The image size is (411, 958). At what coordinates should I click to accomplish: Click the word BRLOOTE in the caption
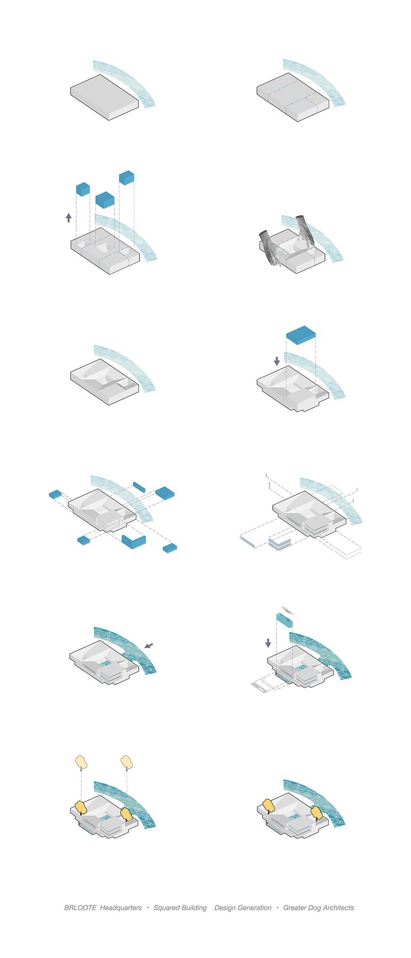(80, 907)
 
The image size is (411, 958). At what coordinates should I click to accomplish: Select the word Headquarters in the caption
(121, 907)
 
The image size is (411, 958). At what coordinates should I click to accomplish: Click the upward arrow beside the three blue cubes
(68, 217)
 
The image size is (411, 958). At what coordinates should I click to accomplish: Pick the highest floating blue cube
(127, 178)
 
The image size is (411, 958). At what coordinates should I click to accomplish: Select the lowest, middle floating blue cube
(105, 199)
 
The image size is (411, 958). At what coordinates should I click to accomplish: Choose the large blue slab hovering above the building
(301, 335)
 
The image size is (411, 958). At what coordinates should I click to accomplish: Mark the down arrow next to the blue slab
(277, 361)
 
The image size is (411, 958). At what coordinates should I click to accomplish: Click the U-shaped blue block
(134, 542)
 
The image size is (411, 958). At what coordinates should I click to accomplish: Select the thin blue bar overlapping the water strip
(139, 487)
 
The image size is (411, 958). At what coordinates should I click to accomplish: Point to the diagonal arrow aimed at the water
(149, 646)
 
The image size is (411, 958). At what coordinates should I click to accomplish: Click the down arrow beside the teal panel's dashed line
(268, 643)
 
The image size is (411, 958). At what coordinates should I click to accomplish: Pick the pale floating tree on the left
(81, 762)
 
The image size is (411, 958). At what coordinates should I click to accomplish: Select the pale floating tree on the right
(127, 762)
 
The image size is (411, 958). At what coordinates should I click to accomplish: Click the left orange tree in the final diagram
(268, 806)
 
